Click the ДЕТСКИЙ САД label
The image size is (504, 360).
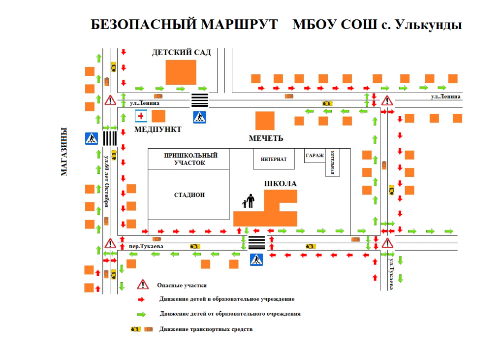[x=182, y=52]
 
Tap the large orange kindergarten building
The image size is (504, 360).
[x=181, y=72]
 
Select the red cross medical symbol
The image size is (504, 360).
[x=141, y=116]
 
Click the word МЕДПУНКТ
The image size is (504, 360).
[x=158, y=130]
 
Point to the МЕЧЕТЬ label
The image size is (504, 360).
[x=266, y=138]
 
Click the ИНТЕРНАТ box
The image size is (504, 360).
[x=274, y=159]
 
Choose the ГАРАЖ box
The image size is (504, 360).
[x=315, y=156]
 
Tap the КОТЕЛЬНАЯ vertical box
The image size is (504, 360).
[x=332, y=163]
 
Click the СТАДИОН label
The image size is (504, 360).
[x=189, y=195]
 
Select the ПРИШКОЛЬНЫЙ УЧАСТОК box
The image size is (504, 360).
[x=189, y=159]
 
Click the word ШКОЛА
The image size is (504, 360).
[x=280, y=184]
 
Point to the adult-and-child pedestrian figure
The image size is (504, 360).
[x=249, y=201]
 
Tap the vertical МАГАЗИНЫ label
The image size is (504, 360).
[x=64, y=152]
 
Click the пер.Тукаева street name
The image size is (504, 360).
[x=146, y=246]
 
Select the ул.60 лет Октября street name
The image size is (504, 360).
[x=107, y=181]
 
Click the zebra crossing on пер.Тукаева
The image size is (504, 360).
[x=257, y=243]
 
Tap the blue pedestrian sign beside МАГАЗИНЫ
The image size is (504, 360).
[x=92, y=138]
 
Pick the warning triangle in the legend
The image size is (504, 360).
[x=143, y=284]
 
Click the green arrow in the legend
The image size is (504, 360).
[x=141, y=314]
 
